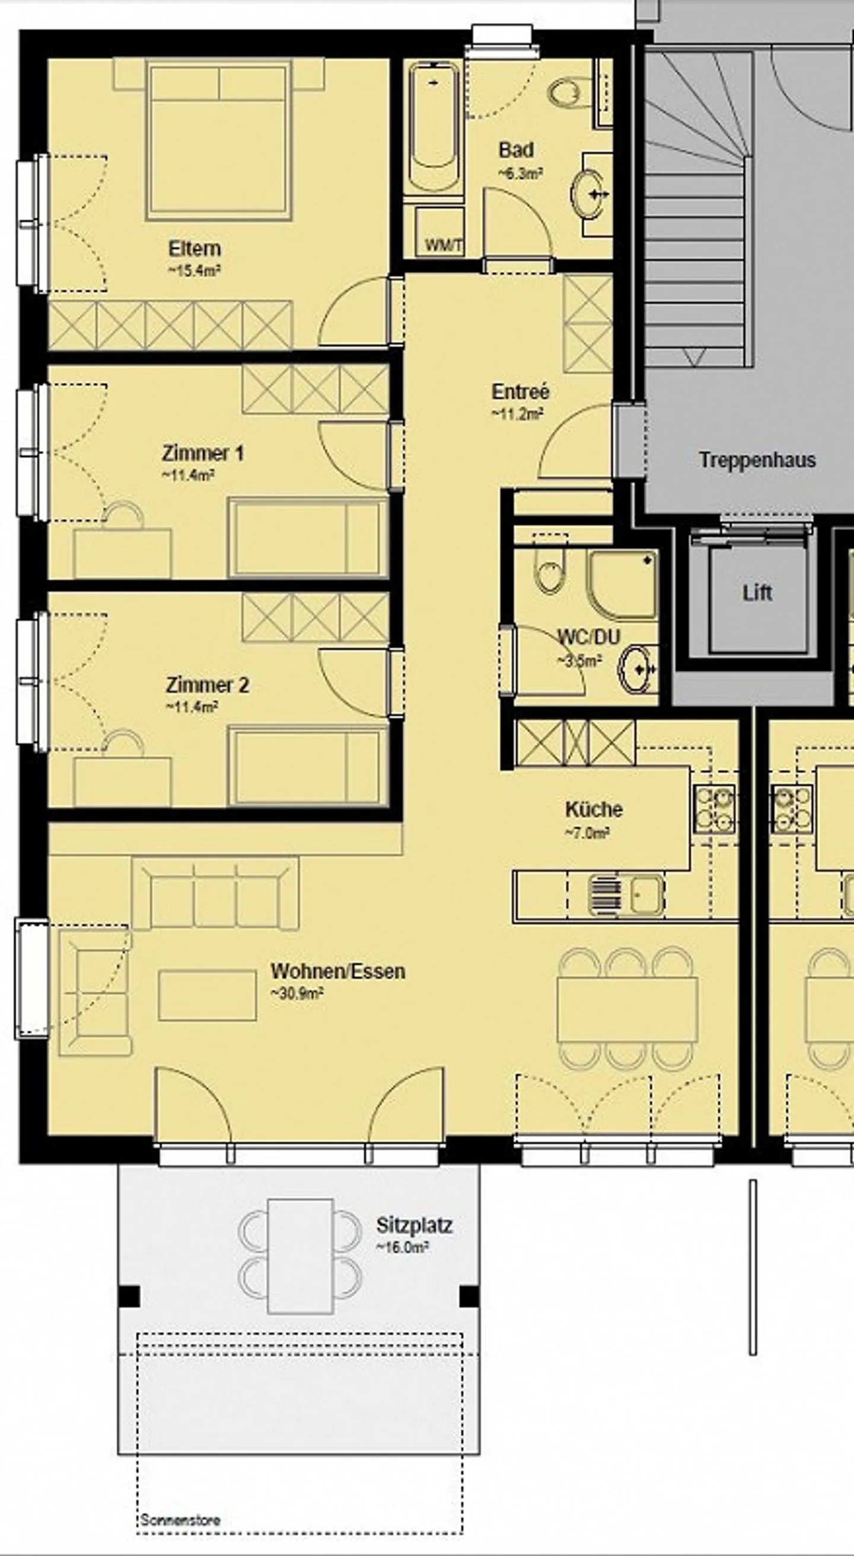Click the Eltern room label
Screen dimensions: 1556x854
tap(194, 248)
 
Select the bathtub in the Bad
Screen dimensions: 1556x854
tap(433, 127)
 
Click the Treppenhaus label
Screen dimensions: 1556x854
tap(757, 460)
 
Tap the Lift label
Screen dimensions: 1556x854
tap(757, 592)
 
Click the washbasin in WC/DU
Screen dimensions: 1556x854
tap(636, 669)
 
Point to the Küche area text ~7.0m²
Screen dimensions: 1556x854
tap(587, 834)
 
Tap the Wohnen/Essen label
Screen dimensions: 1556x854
tap(337, 971)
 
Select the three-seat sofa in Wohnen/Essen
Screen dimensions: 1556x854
tap(215, 894)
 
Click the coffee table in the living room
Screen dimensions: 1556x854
tap(207, 996)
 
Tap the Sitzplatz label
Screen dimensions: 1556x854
tap(414, 1226)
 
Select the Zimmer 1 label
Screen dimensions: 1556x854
tap(202, 453)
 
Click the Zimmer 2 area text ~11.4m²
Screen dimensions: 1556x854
tap(192, 707)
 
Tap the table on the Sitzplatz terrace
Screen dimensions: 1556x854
tap(300, 1256)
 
